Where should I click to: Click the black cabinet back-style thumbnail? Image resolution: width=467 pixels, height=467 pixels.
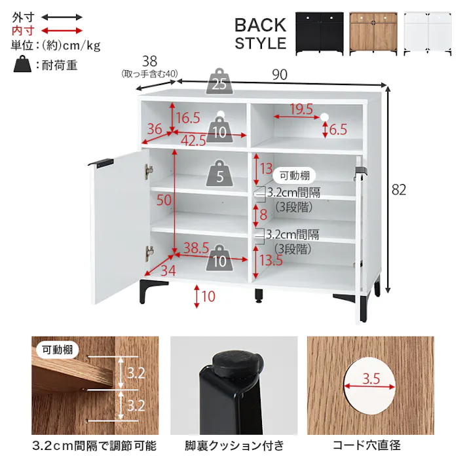click(318, 33)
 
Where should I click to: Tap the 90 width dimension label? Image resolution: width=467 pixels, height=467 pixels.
click(280, 75)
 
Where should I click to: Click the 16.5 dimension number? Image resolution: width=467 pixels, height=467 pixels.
click(187, 119)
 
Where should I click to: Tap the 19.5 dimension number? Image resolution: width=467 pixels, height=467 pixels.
click(301, 109)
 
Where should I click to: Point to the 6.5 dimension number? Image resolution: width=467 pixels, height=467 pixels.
click(338, 130)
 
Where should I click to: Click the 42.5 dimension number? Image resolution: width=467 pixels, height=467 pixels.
click(193, 140)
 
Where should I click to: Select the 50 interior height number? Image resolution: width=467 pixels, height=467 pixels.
click(164, 200)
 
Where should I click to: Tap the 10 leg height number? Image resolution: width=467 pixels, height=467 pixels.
click(208, 296)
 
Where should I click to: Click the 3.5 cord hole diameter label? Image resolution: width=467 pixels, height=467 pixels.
click(370, 378)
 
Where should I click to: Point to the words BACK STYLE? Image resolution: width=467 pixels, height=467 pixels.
click(260, 34)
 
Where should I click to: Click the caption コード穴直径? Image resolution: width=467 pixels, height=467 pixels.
click(366, 446)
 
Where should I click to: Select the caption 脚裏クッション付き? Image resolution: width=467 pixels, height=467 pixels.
click(234, 446)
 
